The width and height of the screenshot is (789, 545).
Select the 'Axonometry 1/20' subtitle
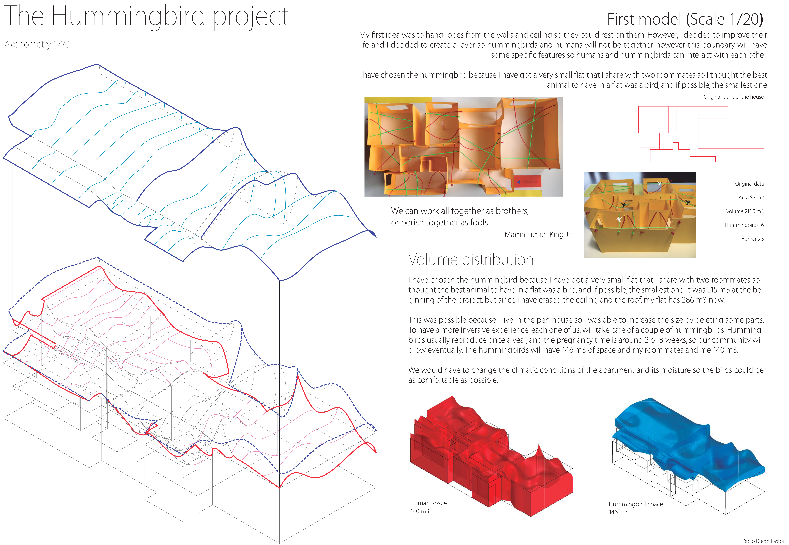coord(37,44)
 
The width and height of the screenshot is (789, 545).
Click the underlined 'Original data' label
coord(749,184)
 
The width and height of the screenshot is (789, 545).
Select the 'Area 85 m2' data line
coord(751,198)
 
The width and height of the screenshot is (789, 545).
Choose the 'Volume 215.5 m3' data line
coord(745,211)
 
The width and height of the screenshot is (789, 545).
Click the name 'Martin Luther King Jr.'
coord(538,235)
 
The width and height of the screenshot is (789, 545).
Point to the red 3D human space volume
coord(488,458)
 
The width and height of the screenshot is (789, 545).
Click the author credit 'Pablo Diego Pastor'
coord(763,541)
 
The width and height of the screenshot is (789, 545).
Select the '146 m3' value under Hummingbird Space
coord(618,512)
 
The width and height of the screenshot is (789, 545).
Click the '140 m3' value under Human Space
coord(420,511)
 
